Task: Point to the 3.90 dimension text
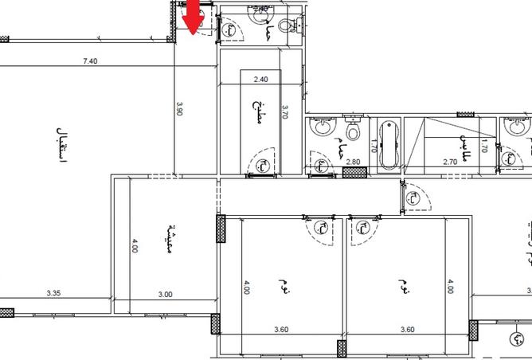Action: pyautogui.click(x=180, y=108)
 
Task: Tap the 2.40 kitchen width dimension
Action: pyautogui.click(x=260, y=79)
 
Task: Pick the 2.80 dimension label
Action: pyautogui.click(x=354, y=162)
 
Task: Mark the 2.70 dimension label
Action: pyautogui.click(x=448, y=162)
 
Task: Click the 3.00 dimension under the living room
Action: pyautogui.click(x=165, y=294)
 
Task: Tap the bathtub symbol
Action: pyautogui.click(x=389, y=144)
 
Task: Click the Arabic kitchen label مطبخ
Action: pyautogui.click(x=256, y=107)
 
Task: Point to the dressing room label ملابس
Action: pyautogui.click(x=461, y=143)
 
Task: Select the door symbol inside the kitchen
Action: pyautogui.click(x=261, y=165)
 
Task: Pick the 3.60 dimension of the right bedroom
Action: pyautogui.click(x=407, y=328)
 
